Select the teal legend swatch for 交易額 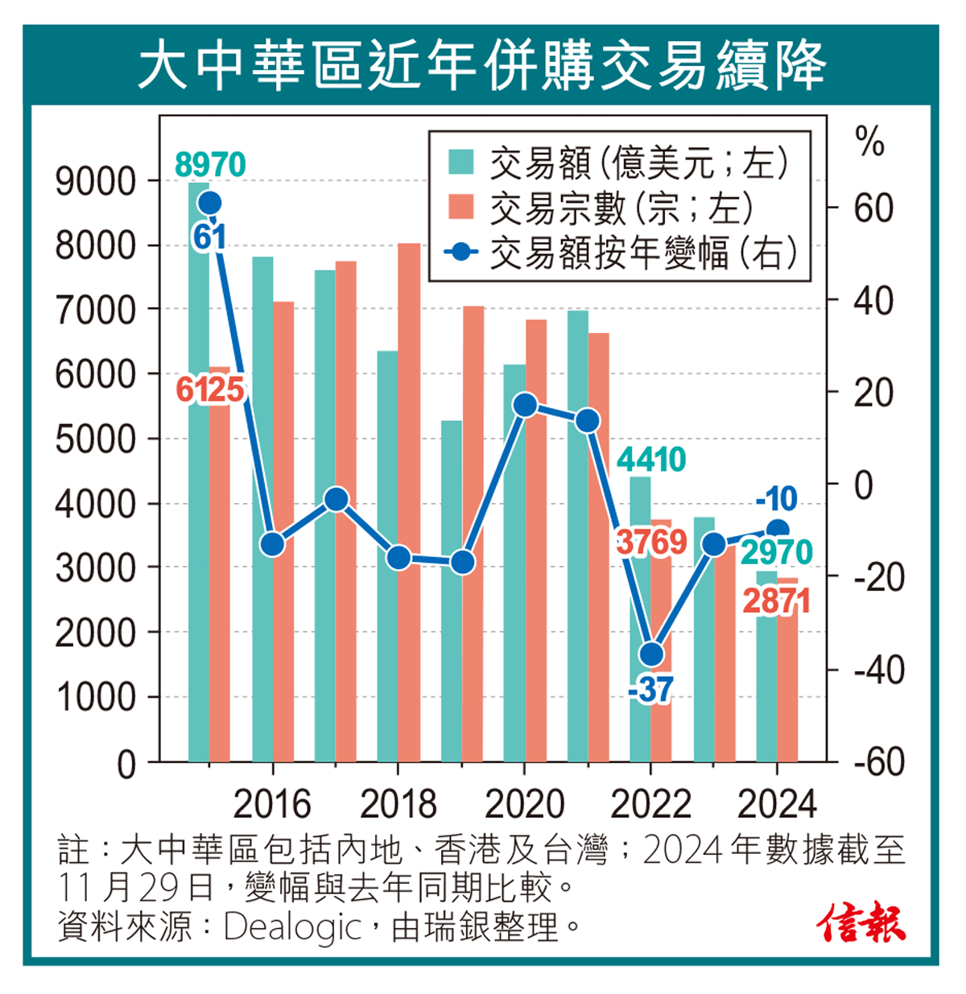tap(461, 161)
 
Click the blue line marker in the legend tap(461, 252)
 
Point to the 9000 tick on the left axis tap(95, 182)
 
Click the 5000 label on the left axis tap(95, 439)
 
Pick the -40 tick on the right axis tap(874, 670)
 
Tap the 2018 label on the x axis tap(398, 803)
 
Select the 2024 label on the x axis tap(776, 803)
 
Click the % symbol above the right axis tap(869, 143)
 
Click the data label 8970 tap(210, 165)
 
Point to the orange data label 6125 tap(209, 390)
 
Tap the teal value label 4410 tap(651, 460)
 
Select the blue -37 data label tap(650, 691)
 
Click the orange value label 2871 tap(776, 601)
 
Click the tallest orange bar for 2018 tap(409, 499)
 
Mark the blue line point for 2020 tap(525, 405)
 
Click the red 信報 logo tap(861, 923)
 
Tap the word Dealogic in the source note tap(292, 927)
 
